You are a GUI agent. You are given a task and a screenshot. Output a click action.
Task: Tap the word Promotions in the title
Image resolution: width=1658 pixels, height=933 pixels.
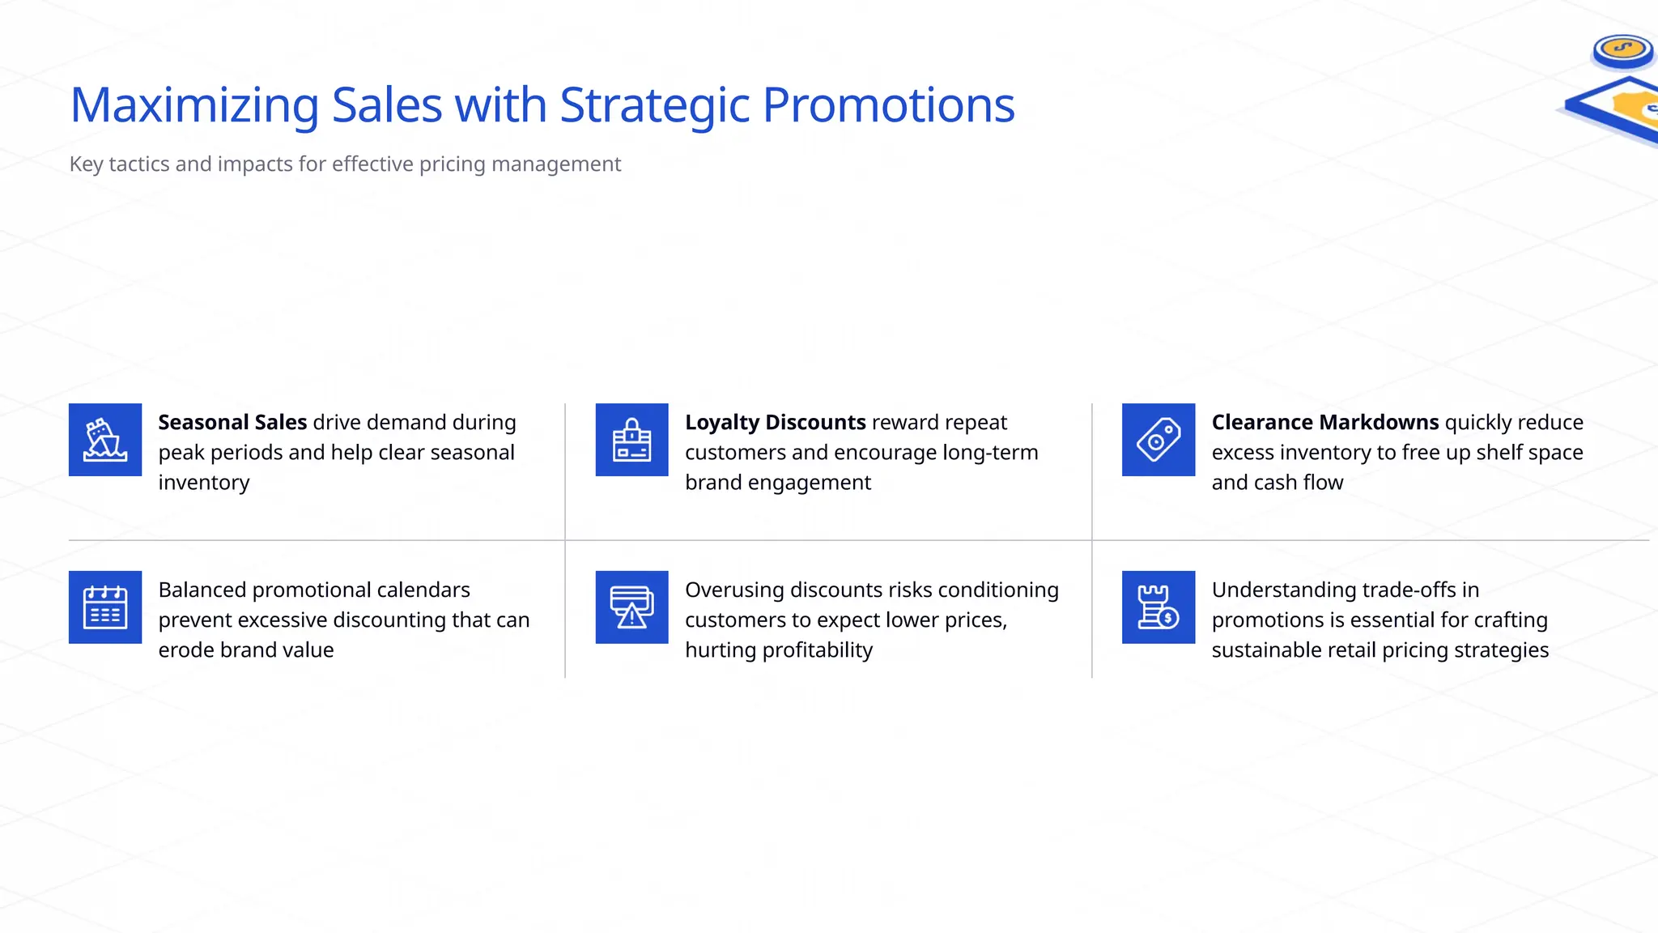pyautogui.click(x=888, y=105)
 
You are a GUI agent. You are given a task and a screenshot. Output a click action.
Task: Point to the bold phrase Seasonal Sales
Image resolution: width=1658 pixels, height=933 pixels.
pyautogui.click(x=232, y=423)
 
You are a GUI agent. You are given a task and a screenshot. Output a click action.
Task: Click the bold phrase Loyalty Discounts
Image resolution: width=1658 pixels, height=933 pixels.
pyautogui.click(x=775, y=423)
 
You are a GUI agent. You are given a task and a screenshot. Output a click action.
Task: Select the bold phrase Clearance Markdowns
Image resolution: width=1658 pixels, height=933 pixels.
pyautogui.click(x=1324, y=423)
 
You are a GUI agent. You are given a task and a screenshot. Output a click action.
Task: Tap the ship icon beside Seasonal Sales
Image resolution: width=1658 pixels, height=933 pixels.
pyautogui.click(x=105, y=440)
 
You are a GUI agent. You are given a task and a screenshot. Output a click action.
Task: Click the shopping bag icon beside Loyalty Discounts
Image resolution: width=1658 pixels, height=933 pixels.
pyautogui.click(x=631, y=440)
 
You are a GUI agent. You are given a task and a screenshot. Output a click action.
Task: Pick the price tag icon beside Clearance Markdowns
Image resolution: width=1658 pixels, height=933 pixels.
pyautogui.click(x=1158, y=440)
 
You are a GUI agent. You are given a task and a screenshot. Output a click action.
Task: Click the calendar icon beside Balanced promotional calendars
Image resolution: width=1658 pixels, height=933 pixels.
pyautogui.click(x=105, y=607)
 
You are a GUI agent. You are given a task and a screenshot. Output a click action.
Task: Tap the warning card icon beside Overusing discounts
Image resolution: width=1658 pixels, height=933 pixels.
pyautogui.click(x=631, y=607)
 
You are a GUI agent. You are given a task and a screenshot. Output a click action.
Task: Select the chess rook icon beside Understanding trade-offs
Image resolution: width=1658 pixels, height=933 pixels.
pyautogui.click(x=1158, y=607)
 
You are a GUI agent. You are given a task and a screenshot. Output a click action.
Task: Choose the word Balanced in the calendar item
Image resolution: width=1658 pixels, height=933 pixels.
pyautogui.click(x=202, y=590)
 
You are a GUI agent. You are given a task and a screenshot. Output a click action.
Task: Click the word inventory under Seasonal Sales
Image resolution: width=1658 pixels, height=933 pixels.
pyautogui.click(x=204, y=483)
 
